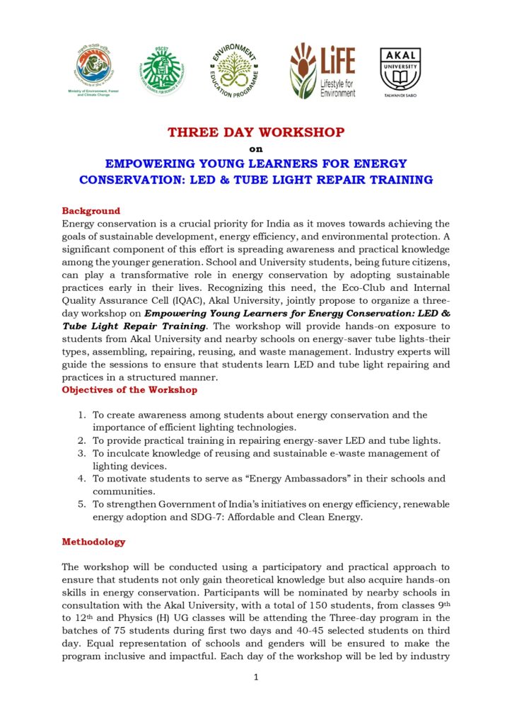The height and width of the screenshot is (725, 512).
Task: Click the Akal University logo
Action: pos(400,72)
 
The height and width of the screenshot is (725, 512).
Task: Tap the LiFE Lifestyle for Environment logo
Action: pos(322,70)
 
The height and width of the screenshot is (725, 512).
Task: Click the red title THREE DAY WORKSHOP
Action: pos(256,132)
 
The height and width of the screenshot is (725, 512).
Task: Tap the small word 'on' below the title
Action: pos(256,149)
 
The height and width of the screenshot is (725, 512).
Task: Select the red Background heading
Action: pos(91,211)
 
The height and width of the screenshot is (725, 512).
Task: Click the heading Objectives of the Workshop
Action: pos(129,390)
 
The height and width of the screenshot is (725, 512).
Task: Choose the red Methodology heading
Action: pos(93,542)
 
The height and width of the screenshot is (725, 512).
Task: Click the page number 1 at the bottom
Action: pos(256,678)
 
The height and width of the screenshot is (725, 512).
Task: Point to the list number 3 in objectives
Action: pos(82,453)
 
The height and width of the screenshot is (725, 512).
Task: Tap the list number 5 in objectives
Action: pos(82,504)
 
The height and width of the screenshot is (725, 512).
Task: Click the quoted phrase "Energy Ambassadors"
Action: pos(266,479)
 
